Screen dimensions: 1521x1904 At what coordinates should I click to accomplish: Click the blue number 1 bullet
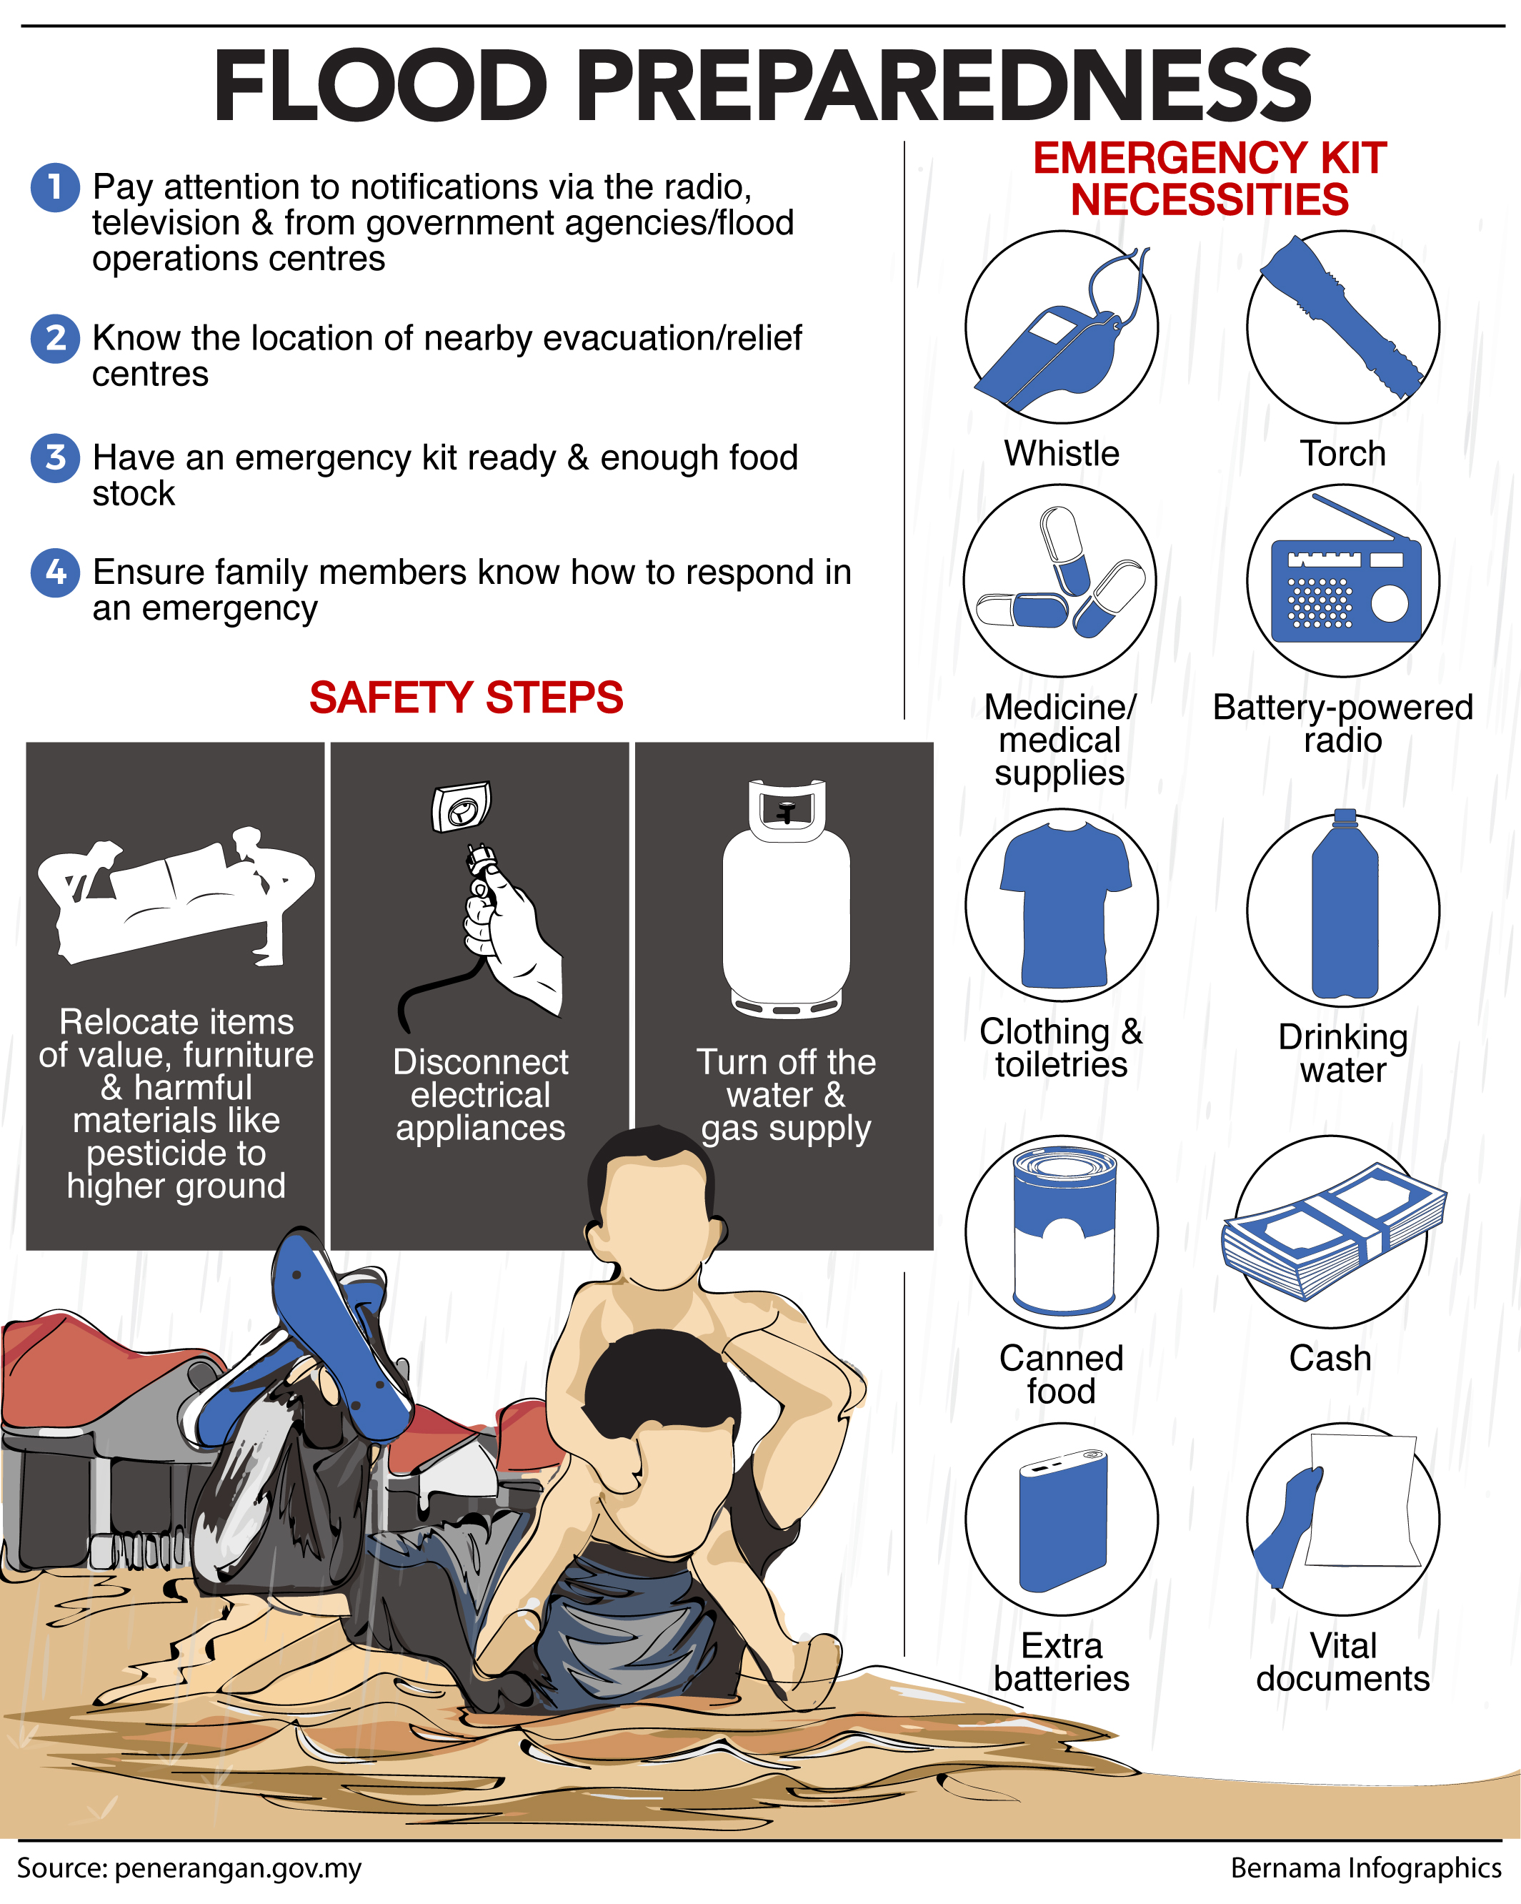[55, 187]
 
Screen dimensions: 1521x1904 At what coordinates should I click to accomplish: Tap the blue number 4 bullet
[55, 572]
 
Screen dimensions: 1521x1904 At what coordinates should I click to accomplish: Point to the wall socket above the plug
[461, 806]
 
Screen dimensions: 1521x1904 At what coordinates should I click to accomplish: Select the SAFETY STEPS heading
[466, 698]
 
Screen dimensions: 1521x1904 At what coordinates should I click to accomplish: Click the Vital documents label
[1342, 1662]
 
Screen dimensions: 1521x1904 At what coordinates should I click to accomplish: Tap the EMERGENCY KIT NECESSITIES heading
[1210, 179]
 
